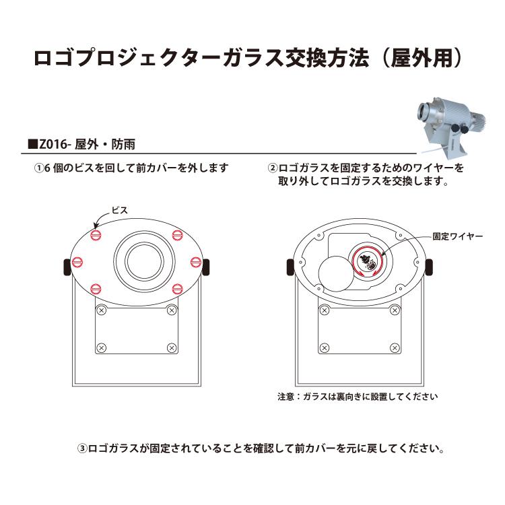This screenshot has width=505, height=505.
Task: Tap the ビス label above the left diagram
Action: tap(120, 210)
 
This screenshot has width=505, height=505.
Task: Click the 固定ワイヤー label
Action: tap(458, 236)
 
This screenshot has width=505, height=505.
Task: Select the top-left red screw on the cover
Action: tap(96, 235)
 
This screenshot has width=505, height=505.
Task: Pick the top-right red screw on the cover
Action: tap(177, 235)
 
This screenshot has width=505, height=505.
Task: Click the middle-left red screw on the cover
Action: tap(77, 262)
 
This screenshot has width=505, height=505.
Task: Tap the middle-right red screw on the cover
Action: tap(195, 262)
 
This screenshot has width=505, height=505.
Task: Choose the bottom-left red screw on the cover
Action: tap(96, 289)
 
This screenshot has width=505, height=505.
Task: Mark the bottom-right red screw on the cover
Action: tap(177, 289)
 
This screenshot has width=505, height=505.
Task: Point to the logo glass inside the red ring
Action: tap(368, 261)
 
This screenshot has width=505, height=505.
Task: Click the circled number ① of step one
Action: tap(39, 168)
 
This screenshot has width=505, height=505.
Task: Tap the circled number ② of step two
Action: tap(273, 168)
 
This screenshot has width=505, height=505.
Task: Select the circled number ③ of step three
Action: tap(82, 448)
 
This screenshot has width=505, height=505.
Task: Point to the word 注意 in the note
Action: tap(286, 396)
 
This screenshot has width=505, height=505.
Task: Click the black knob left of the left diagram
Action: tap(67, 267)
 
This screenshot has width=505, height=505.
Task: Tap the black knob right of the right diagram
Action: tap(429, 267)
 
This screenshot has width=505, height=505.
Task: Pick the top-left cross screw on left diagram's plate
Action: tap(102, 310)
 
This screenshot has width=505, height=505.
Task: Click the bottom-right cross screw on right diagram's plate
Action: tap(395, 348)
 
